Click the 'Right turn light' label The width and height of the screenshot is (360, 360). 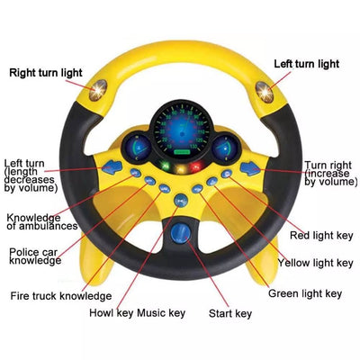(46, 73)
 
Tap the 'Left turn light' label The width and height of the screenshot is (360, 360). (307, 64)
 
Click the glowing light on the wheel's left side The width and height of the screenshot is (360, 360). (98, 90)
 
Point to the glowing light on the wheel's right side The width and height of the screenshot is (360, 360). (265, 92)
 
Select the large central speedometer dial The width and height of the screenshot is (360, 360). (182, 129)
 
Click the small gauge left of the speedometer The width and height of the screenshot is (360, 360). (136, 148)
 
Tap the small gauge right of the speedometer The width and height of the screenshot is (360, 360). (226, 148)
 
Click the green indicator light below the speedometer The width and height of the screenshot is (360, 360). (165, 166)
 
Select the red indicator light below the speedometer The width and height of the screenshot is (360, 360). (197, 166)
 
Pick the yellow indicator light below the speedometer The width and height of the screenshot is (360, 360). (181, 168)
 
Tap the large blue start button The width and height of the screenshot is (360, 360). (181, 233)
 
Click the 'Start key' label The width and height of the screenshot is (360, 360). (230, 314)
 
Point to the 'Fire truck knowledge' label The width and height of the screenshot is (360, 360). (61, 296)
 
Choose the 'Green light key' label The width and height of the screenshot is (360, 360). (305, 293)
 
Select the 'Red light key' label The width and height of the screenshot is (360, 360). (321, 236)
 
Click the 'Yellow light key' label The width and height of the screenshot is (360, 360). (315, 263)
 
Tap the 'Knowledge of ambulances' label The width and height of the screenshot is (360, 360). (42, 221)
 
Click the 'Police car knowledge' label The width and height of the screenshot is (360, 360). (35, 256)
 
